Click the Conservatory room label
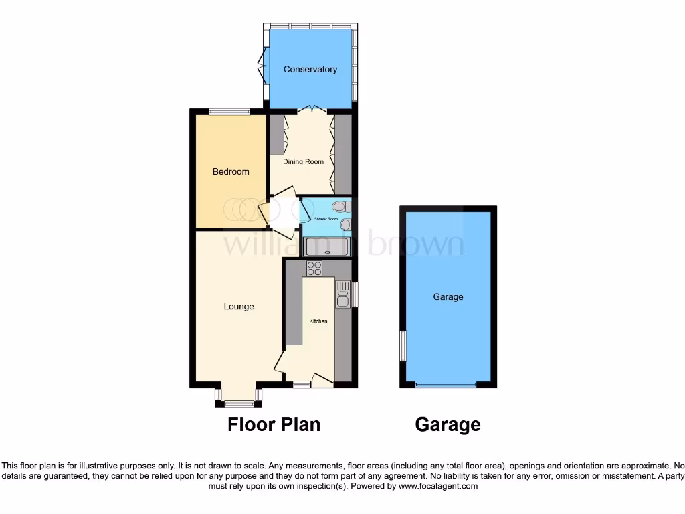[310, 69]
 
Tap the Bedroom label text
[231, 171]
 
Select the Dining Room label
[303, 161]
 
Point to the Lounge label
[239, 307]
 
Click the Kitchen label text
[318, 321]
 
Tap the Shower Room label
[325, 219]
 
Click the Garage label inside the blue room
[448, 296]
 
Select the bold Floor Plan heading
[274, 424]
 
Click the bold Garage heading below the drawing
[448, 424]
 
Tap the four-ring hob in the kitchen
[314, 268]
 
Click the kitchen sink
[342, 294]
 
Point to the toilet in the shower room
[340, 206]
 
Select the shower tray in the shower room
[326, 247]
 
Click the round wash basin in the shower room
[345, 224]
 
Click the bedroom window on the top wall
[229, 112]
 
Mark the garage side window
[403, 345]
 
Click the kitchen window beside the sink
[355, 294]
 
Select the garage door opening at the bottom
[446, 385]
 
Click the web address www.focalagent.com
[438, 487]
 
